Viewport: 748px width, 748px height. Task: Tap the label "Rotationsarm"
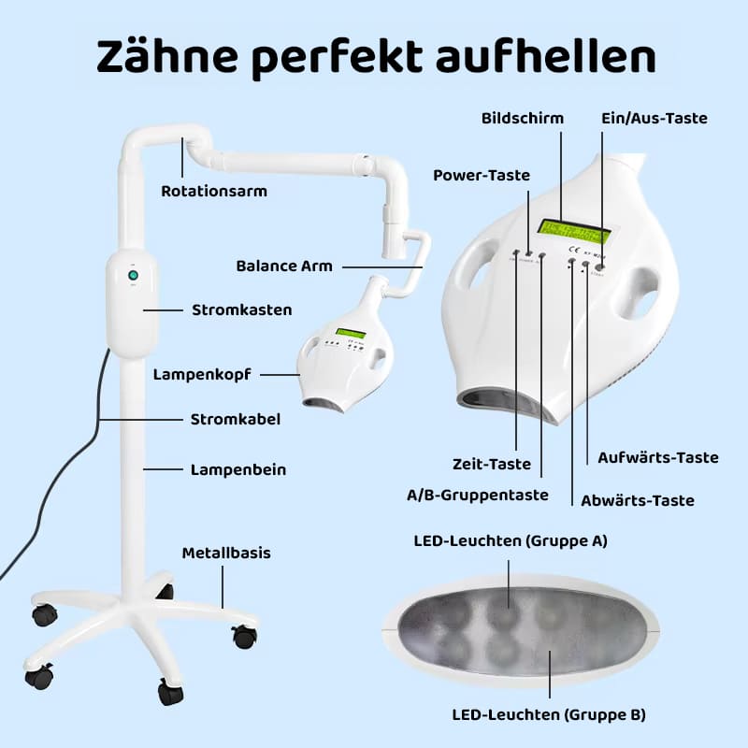pos(214,192)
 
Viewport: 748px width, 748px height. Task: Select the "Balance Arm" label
pos(284,266)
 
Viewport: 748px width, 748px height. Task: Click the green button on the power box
pos(133,275)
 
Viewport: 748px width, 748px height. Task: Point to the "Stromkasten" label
pos(242,310)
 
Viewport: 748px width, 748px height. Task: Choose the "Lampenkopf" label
pos(202,375)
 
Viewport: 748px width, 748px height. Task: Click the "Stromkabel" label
pos(236,419)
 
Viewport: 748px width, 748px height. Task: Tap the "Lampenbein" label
pos(238,470)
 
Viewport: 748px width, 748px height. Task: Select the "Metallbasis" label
pos(226,553)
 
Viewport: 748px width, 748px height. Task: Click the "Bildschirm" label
pos(523,119)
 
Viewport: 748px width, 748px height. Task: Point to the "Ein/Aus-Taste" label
pos(654,119)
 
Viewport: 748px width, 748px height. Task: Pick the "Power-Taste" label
pos(482,175)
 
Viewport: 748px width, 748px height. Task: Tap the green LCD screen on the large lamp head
pos(574,231)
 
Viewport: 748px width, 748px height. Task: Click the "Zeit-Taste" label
pos(492,464)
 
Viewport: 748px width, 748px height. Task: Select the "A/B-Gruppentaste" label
pos(478,495)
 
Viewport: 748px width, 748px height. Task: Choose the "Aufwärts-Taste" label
pos(658,457)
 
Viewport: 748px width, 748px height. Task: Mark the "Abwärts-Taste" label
pos(638,500)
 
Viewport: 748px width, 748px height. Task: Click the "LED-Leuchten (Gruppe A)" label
pos(511,541)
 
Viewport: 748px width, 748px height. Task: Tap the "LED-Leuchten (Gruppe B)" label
pos(549,714)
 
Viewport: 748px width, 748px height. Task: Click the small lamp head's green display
pos(351,333)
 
